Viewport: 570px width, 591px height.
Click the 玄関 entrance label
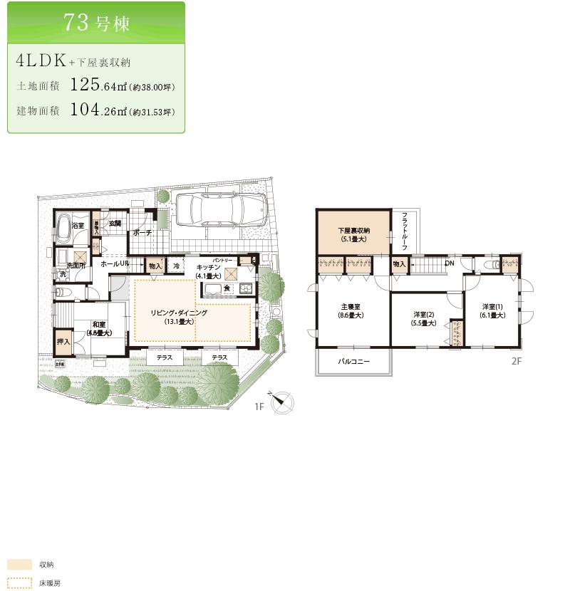click(x=114, y=224)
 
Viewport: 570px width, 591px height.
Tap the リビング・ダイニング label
click(x=178, y=313)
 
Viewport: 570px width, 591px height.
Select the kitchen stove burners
click(x=246, y=288)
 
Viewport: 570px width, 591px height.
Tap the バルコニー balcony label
click(x=353, y=362)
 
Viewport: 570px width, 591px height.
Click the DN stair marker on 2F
click(x=449, y=263)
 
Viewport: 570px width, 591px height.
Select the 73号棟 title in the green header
click(x=96, y=21)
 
